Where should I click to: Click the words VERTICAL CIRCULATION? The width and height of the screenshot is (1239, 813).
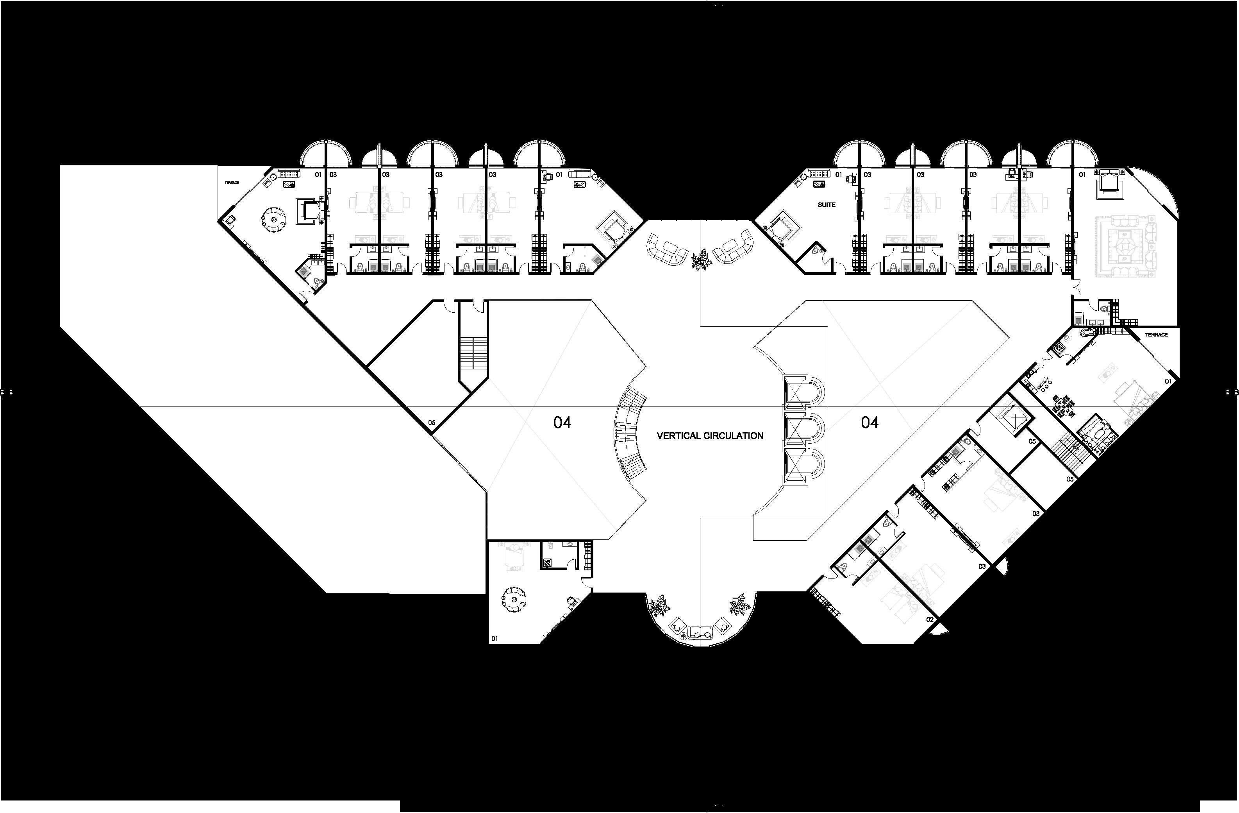[x=710, y=435]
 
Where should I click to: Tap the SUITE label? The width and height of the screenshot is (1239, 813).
[x=826, y=205]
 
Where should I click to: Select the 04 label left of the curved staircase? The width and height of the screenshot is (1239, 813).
[x=562, y=423]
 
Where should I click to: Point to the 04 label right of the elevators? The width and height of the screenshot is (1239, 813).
[x=869, y=423]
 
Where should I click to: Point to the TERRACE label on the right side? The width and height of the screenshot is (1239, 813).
[x=1156, y=335]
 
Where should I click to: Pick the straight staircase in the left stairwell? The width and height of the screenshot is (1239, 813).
[x=472, y=353]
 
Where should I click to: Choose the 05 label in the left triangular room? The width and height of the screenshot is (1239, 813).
[x=432, y=423]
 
